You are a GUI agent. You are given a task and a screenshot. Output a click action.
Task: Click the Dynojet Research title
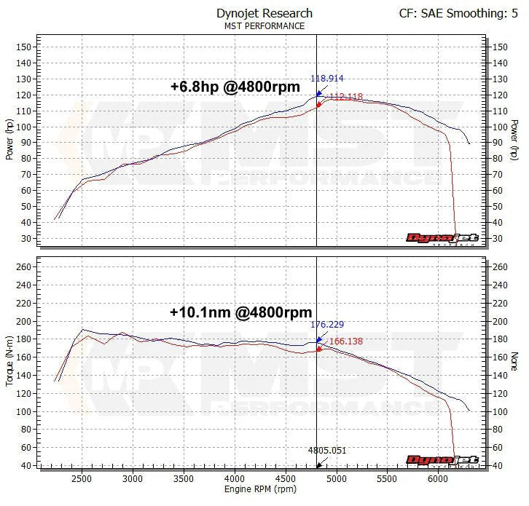264,13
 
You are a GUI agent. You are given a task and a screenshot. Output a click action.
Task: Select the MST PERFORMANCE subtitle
264,26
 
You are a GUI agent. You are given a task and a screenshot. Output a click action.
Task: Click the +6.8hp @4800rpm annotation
235,87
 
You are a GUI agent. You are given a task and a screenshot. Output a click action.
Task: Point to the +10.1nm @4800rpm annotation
240,312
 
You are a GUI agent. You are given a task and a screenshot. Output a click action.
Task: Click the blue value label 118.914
326,79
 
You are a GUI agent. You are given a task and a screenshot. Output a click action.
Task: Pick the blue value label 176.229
326,325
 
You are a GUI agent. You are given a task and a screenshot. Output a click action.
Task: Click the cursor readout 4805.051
326,451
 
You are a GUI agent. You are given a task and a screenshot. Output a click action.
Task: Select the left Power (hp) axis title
9,140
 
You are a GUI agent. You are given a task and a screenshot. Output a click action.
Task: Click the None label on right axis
514,362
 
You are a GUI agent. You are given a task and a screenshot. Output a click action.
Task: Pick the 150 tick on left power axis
23,47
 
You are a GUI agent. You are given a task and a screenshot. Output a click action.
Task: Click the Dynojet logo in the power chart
442,238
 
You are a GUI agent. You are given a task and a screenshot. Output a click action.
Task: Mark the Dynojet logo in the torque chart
442,460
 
